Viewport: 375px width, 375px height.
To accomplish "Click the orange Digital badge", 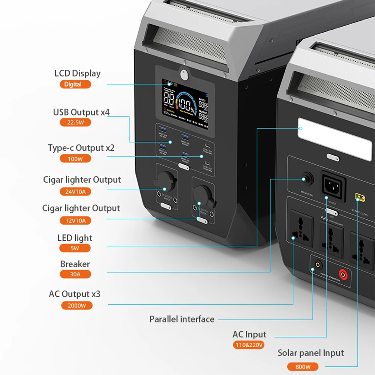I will point(75,84).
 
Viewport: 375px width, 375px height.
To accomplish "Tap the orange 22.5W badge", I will point(75,122).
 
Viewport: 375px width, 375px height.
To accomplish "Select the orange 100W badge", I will point(75,159).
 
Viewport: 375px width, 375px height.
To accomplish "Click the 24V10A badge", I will point(75,192).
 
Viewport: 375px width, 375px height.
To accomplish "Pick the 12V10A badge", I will point(75,220).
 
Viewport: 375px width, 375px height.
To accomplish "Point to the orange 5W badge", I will point(75,248).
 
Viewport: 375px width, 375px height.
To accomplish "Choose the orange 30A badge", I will point(75,274).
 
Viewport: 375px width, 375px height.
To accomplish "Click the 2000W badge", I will point(76,305).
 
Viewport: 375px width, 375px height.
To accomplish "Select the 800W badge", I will point(303,367).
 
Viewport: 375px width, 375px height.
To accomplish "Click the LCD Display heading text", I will point(78,73).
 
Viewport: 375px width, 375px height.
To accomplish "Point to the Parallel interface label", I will point(182,319).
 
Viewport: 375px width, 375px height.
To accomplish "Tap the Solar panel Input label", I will point(310,353).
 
